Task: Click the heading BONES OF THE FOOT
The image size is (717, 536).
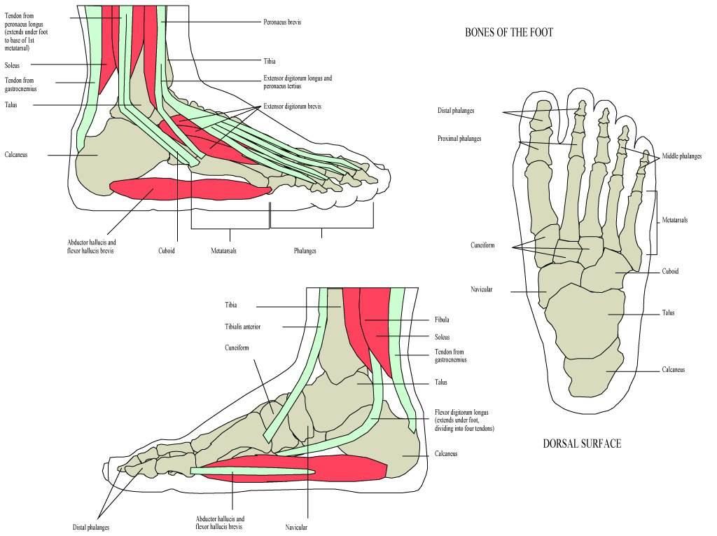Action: click(509, 32)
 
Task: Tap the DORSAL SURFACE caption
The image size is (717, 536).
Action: click(582, 443)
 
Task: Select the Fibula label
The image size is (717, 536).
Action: click(442, 319)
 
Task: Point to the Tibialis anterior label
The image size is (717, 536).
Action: click(242, 327)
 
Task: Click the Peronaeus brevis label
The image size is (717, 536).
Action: click(282, 22)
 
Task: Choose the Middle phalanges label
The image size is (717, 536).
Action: click(681, 156)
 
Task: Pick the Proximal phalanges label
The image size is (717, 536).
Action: click(459, 138)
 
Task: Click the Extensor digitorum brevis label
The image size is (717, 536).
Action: click(292, 106)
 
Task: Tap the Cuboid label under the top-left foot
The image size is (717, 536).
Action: click(167, 250)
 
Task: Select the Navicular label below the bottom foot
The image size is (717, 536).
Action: click(296, 528)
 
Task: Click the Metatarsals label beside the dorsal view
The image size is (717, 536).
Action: click(674, 220)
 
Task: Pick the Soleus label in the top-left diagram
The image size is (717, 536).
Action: click(13, 65)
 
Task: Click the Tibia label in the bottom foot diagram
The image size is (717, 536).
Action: click(231, 305)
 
